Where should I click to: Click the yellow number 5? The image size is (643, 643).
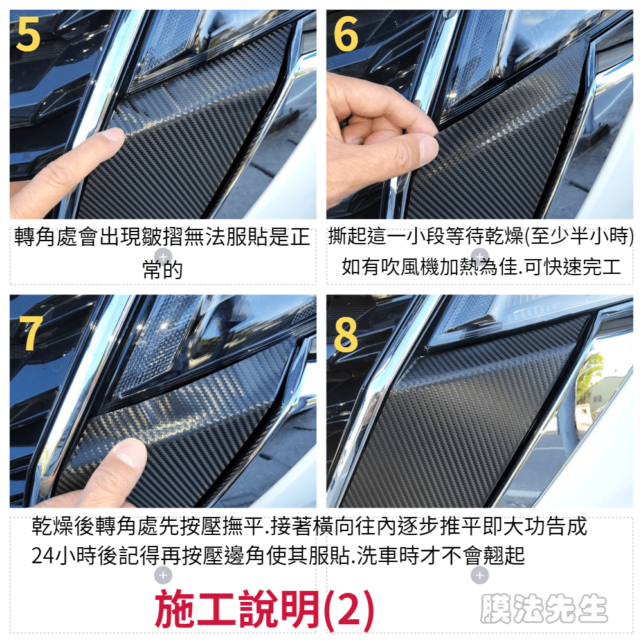[x=28, y=35]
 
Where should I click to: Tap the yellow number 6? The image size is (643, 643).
[x=346, y=35]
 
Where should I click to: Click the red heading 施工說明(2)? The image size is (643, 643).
[x=264, y=610]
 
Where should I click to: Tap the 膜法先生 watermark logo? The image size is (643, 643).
[x=544, y=609]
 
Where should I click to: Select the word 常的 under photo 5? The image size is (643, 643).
[x=163, y=270]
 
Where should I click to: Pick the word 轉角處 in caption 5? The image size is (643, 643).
[x=46, y=237]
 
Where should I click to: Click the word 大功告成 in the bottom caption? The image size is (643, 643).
[x=545, y=527]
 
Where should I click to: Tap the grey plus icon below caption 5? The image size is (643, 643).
[x=163, y=257]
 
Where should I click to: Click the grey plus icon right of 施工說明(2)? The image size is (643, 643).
[x=480, y=575]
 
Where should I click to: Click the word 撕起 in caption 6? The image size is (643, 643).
[x=349, y=236]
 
